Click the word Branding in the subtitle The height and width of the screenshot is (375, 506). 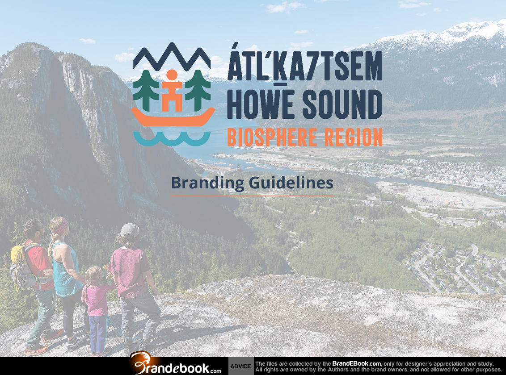(x=207, y=183)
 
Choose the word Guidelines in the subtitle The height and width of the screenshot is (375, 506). (x=291, y=183)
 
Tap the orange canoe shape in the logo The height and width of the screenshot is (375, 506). (x=173, y=118)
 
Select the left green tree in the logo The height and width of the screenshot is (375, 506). (x=146, y=90)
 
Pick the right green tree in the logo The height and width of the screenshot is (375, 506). (x=198, y=90)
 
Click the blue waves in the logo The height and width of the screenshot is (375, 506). (x=172, y=138)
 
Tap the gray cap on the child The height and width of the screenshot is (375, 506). (x=129, y=230)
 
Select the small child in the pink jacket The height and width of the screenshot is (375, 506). (x=96, y=310)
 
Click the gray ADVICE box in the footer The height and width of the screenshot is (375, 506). (x=241, y=366)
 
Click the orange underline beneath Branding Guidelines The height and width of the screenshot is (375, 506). (x=253, y=196)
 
